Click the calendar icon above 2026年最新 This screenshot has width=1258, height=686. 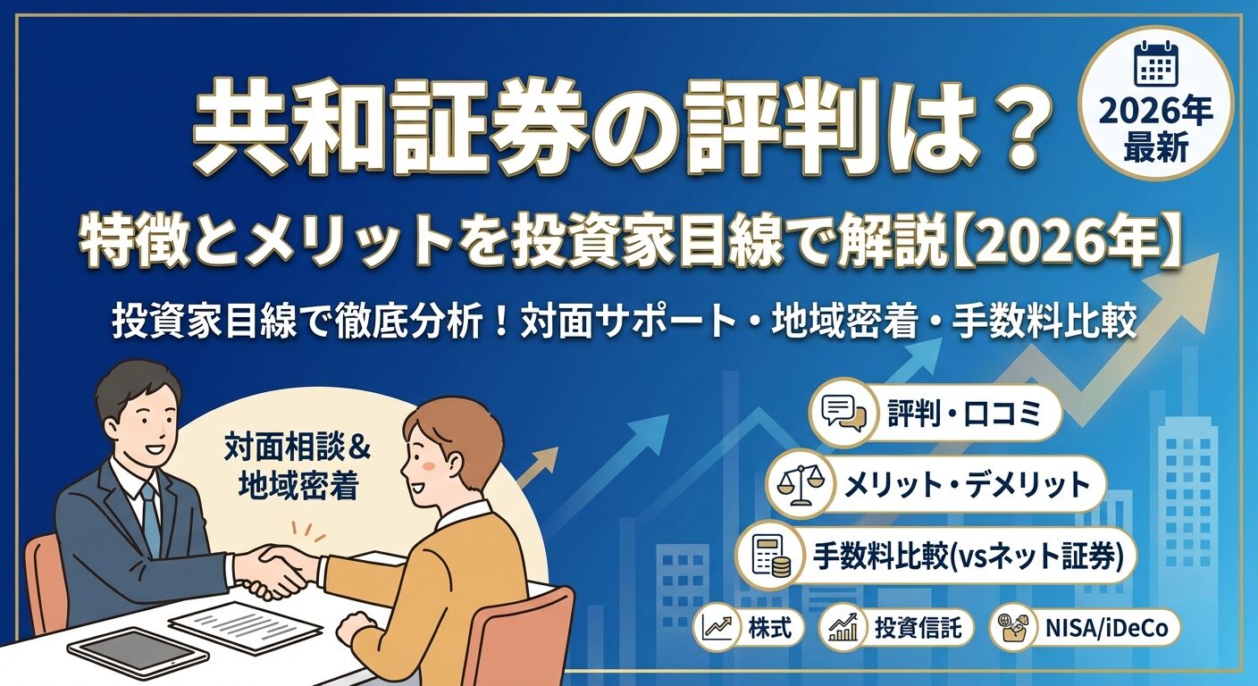coord(1156,64)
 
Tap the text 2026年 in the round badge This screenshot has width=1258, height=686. coord(1156,113)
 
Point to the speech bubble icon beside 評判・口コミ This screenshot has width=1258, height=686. coord(843,412)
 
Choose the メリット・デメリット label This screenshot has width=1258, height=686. coord(967,485)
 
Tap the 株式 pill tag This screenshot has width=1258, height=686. coord(749,628)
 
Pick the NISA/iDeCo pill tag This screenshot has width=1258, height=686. coord(1085,628)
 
